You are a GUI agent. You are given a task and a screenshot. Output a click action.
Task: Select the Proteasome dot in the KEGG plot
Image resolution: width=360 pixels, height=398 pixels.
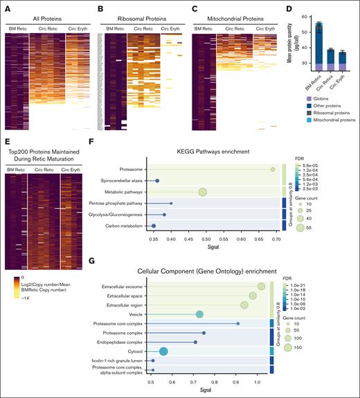(x=273, y=169)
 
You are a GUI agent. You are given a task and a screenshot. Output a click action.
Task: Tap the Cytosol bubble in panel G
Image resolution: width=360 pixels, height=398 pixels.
(x=163, y=351)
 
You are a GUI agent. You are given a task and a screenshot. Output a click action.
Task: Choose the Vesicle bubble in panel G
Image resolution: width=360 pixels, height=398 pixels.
(x=199, y=314)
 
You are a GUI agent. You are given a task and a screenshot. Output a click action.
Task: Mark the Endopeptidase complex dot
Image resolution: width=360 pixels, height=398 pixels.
(x=195, y=342)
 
